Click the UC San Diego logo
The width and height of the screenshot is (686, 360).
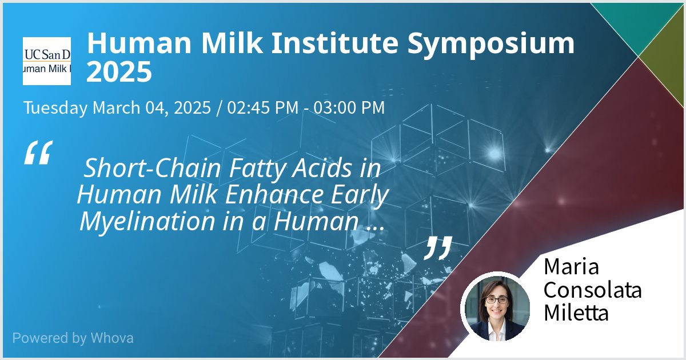point(47,61)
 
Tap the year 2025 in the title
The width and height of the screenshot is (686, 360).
point(119,72)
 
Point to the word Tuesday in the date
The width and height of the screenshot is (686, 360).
point(55,107)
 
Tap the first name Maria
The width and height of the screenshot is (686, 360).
point(571,266)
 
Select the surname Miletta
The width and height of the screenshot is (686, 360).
point(576,313)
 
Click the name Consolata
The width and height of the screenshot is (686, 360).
point(592,290)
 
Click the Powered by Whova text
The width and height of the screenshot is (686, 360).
point(73,338)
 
